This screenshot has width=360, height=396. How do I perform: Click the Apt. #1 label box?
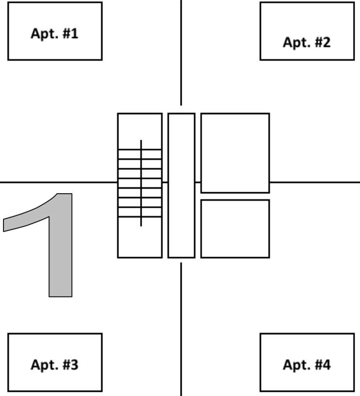[55, 31]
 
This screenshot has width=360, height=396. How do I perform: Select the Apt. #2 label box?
[307, 31]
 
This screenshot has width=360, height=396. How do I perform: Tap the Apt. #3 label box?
[55, 362]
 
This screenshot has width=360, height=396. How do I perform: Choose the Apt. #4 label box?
[307, 362]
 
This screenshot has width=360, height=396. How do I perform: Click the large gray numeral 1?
[60, 246]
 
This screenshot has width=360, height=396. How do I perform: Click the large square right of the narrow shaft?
[235, 153]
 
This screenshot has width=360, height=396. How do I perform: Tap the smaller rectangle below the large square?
[235, 228]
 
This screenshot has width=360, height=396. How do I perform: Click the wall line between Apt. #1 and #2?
[181, 53]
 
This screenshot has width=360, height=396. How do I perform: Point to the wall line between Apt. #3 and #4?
[181, 330]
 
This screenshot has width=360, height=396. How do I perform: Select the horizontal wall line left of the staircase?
[57, 182]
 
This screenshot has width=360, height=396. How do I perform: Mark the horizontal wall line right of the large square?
[315, 182]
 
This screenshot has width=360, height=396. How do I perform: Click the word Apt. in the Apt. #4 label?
[294, 365]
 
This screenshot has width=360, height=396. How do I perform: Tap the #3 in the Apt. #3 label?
[68, 365]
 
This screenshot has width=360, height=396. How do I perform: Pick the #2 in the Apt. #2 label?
[320, 43]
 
